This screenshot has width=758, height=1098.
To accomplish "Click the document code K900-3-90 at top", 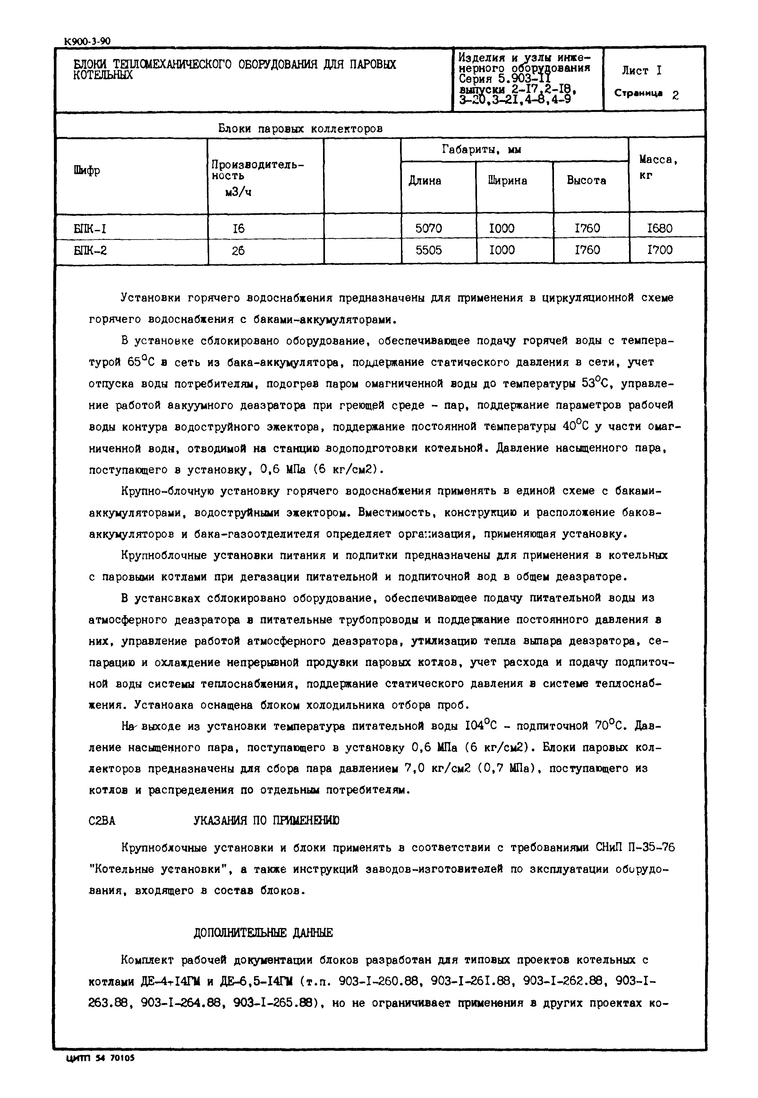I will click(x=87, y=42).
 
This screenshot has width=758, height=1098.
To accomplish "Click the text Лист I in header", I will click(x=642, y=71).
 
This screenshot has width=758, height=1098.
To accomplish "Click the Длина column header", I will click(x=425, y=181).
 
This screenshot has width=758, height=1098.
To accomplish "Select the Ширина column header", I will click(x=507, y=181).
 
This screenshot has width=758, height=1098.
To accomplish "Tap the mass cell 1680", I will click(x=660, y=229).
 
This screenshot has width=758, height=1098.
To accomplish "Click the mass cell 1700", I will click(x=660, y=250).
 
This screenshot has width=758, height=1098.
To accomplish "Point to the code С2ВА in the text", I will click(x=102, y=821).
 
